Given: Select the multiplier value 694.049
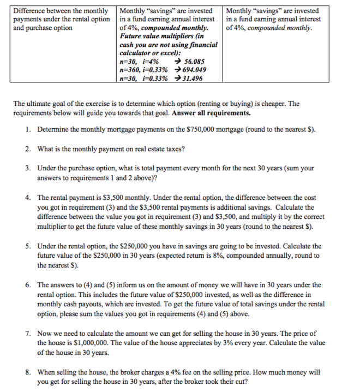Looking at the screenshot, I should pos(195,70).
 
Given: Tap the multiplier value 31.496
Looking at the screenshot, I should pos(191,78).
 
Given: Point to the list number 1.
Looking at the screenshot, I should pos(27,129).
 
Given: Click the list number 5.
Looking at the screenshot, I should pos(27,246).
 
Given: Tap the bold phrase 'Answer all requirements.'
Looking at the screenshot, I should pos(211,113).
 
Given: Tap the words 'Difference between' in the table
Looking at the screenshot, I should pos(36,11).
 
